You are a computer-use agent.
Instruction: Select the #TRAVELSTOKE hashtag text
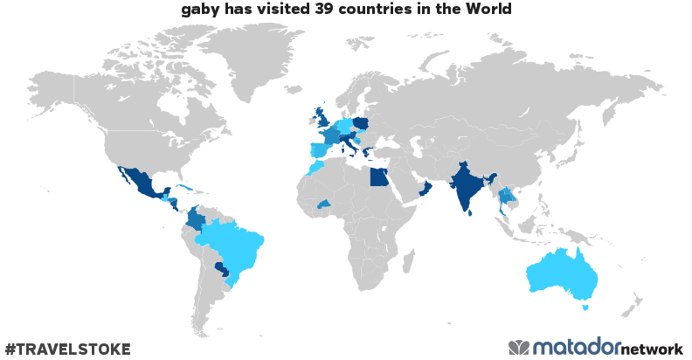coord(67,350)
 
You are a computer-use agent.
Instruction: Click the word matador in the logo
coord(577,348)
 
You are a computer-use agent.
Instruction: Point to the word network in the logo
coord(652,350)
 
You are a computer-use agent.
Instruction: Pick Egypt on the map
coord(378,178)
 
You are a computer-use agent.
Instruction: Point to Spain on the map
coord(321,150)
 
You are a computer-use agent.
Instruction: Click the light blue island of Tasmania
coord(586,307)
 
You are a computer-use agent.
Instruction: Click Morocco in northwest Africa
coord(315,167)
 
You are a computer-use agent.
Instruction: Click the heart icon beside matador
coord(519,348)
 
